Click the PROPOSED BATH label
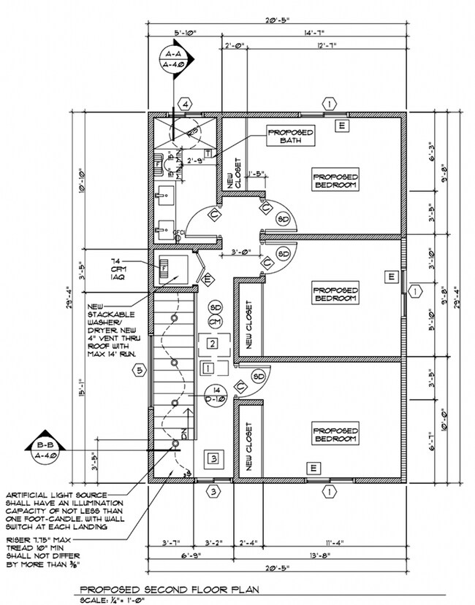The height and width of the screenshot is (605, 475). coord(290,136)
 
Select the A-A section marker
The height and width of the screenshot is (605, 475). coord(174,59)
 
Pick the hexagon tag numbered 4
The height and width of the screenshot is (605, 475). coord(186,105)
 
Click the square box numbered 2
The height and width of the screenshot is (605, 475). coord(212,343)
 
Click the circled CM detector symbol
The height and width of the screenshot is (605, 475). coord(215,321)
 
